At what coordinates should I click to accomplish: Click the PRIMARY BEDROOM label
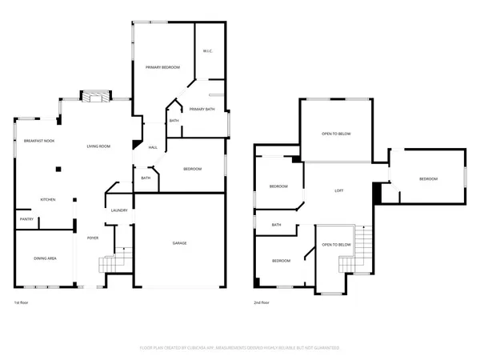162,68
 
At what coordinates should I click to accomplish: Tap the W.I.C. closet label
207,51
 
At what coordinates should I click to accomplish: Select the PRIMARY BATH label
202,109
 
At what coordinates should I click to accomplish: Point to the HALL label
152,147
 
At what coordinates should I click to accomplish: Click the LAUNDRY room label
120,210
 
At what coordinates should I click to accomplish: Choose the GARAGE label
180,242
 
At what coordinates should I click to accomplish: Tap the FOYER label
93,238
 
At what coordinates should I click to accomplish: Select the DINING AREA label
45,258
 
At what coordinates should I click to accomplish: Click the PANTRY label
26,218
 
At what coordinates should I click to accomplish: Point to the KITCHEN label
48,199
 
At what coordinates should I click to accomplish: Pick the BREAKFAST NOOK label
38,141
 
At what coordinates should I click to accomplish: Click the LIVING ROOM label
98,146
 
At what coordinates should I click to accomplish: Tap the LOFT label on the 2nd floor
339,190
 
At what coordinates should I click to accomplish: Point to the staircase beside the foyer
109,263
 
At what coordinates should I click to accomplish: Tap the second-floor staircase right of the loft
366,239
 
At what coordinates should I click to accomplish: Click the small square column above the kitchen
58,169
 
